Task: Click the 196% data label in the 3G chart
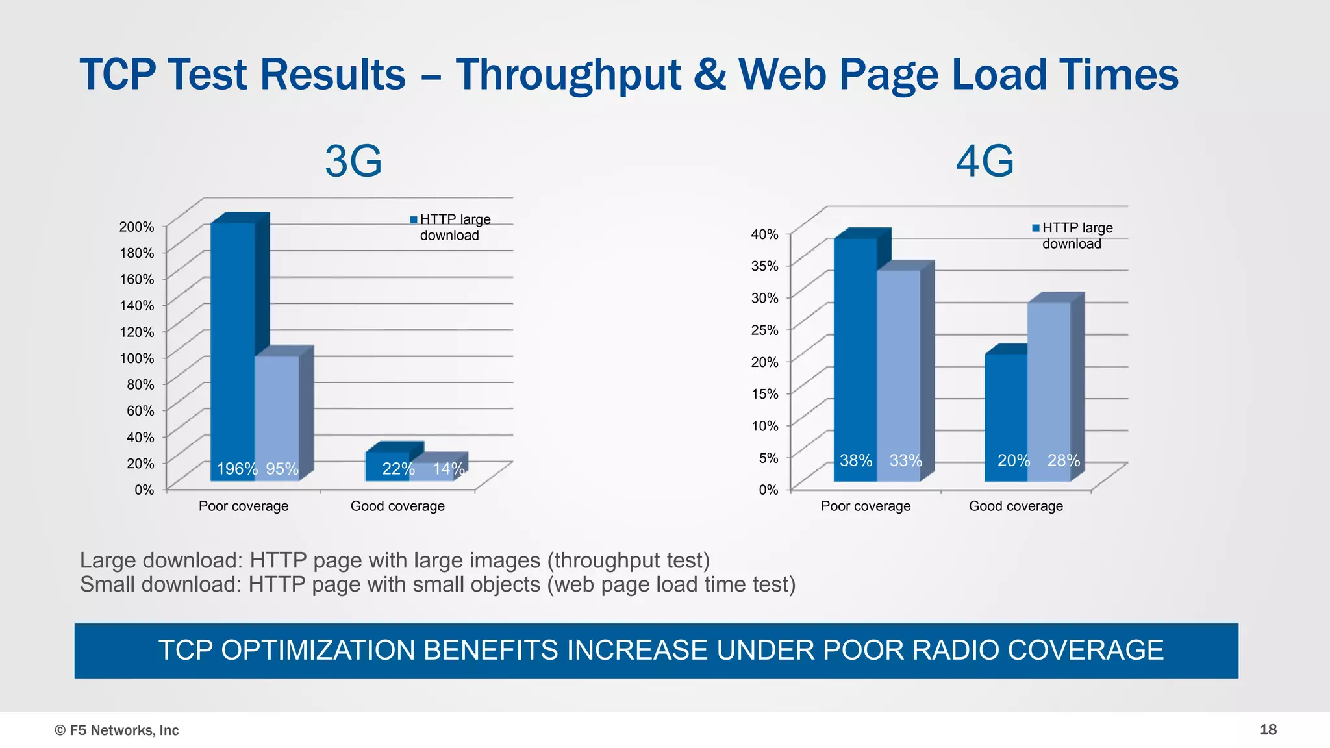pyautogui.click(x=236, y=469)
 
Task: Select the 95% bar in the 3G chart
pyautogui.click(x=277, y=416)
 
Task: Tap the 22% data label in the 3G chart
pyautogui.click(x=398, y=469)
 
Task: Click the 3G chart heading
pyautogui.click(x=353, y=161)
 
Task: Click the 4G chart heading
pyautogui.click(x=985, y=161)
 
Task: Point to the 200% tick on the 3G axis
pyautogui.click(x=136, y=227)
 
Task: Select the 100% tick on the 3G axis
pyautogui.click(x=136, y=358)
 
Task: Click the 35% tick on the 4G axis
pyautogui.click(x=764, y=266)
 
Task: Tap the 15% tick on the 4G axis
pyautogui.click(x=764, y=393)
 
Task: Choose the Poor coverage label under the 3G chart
pyautogui.click(x=244, y=506)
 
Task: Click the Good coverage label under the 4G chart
pyautogui.click(x=1016, y=506)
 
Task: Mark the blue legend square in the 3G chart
pyautogui.click(x=414, y=219)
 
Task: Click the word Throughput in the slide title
pyautogui.click(x=568, y=75)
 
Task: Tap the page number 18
pyautogui.click(x=1268, y=730)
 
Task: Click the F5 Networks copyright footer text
pyautogui.click(x=117, y=730)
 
